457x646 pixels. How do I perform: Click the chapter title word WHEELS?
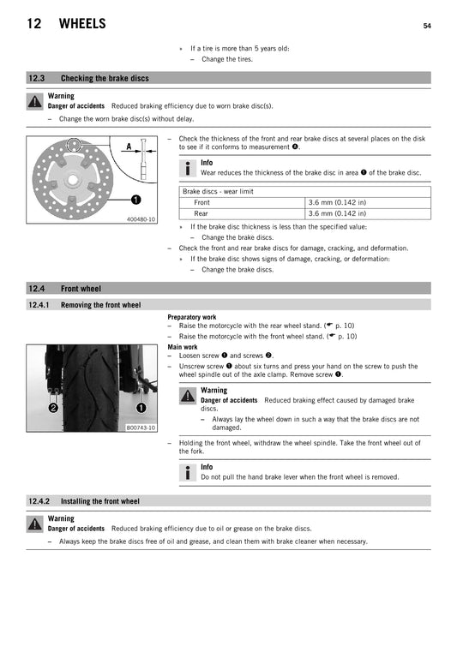[82, 24]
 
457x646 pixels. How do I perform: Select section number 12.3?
[39, 78]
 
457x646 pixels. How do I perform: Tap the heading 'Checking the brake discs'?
[105, 78]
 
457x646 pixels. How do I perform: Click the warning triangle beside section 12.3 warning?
[34, 101]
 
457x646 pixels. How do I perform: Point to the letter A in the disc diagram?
[129, 147]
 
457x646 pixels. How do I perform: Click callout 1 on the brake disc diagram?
[136, 200]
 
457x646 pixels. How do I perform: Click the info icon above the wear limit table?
[189, 168]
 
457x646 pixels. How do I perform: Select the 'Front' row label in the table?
[201, 202]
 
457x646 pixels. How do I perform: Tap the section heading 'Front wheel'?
[81, 289]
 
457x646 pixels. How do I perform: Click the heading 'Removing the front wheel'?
[101, 305]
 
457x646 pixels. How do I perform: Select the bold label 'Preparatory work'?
[192, 317]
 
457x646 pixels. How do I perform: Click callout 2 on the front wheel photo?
[53, 409]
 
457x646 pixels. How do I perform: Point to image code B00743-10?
[141, 428]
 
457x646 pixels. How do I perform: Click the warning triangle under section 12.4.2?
[34, 523]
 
